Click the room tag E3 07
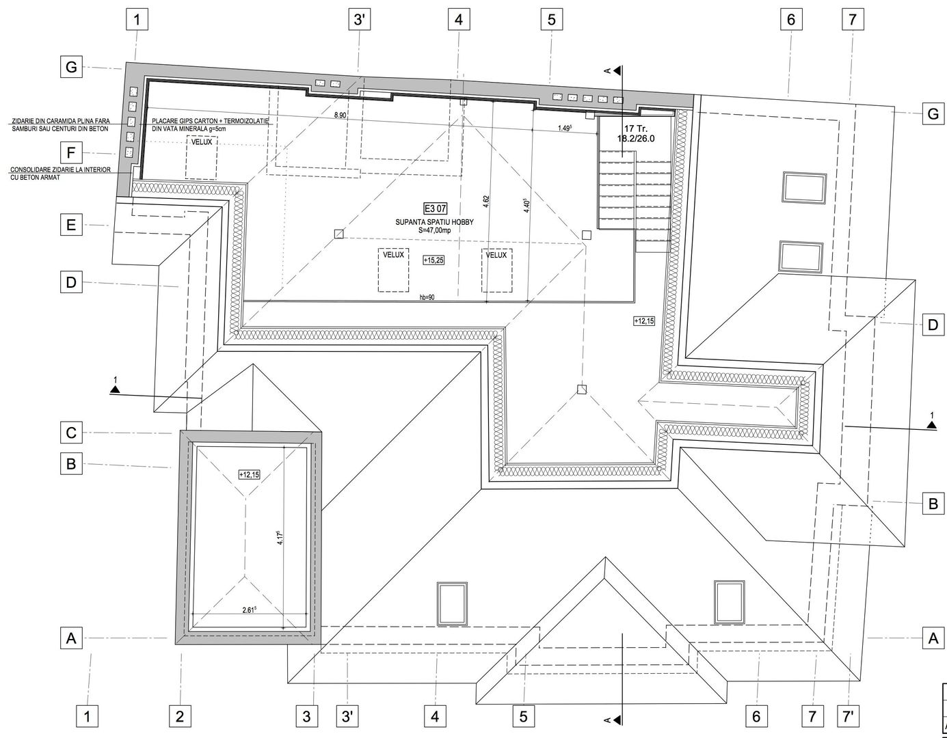pos(435,209)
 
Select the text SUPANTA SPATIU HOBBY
pos(435,223)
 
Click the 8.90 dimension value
pos(340,115)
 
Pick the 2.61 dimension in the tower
pos(249,610)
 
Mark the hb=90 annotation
pos(427,297)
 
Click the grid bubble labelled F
pos(70,152)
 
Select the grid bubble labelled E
pos(70,224)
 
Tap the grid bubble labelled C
pos(70,433)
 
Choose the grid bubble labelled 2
pos(180,716)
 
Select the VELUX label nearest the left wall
pos(202,142)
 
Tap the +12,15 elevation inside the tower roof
pos(249,474)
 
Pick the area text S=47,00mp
pos(435,231)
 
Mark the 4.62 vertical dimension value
pos(485,202)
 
